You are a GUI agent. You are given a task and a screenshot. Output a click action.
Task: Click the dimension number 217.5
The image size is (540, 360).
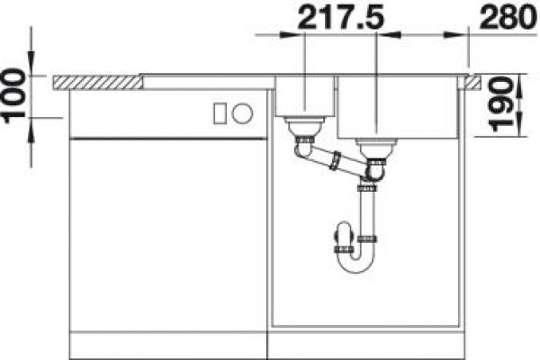click(x=340, y=16)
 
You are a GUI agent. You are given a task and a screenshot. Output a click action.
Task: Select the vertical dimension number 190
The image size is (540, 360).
click(x=502, y=104)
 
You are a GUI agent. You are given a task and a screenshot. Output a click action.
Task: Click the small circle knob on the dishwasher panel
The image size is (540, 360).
click(x=242, y=113)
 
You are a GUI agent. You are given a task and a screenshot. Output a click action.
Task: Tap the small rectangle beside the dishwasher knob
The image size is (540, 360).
click(x=220, y=113)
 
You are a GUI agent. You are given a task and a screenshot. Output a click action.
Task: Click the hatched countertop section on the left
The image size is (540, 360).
click(x=97, y=83)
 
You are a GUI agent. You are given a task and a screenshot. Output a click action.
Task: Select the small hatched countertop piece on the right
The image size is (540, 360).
click(x=472, y=83)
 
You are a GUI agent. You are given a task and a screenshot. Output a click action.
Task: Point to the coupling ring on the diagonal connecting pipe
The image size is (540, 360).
click(x=335, y=160)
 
